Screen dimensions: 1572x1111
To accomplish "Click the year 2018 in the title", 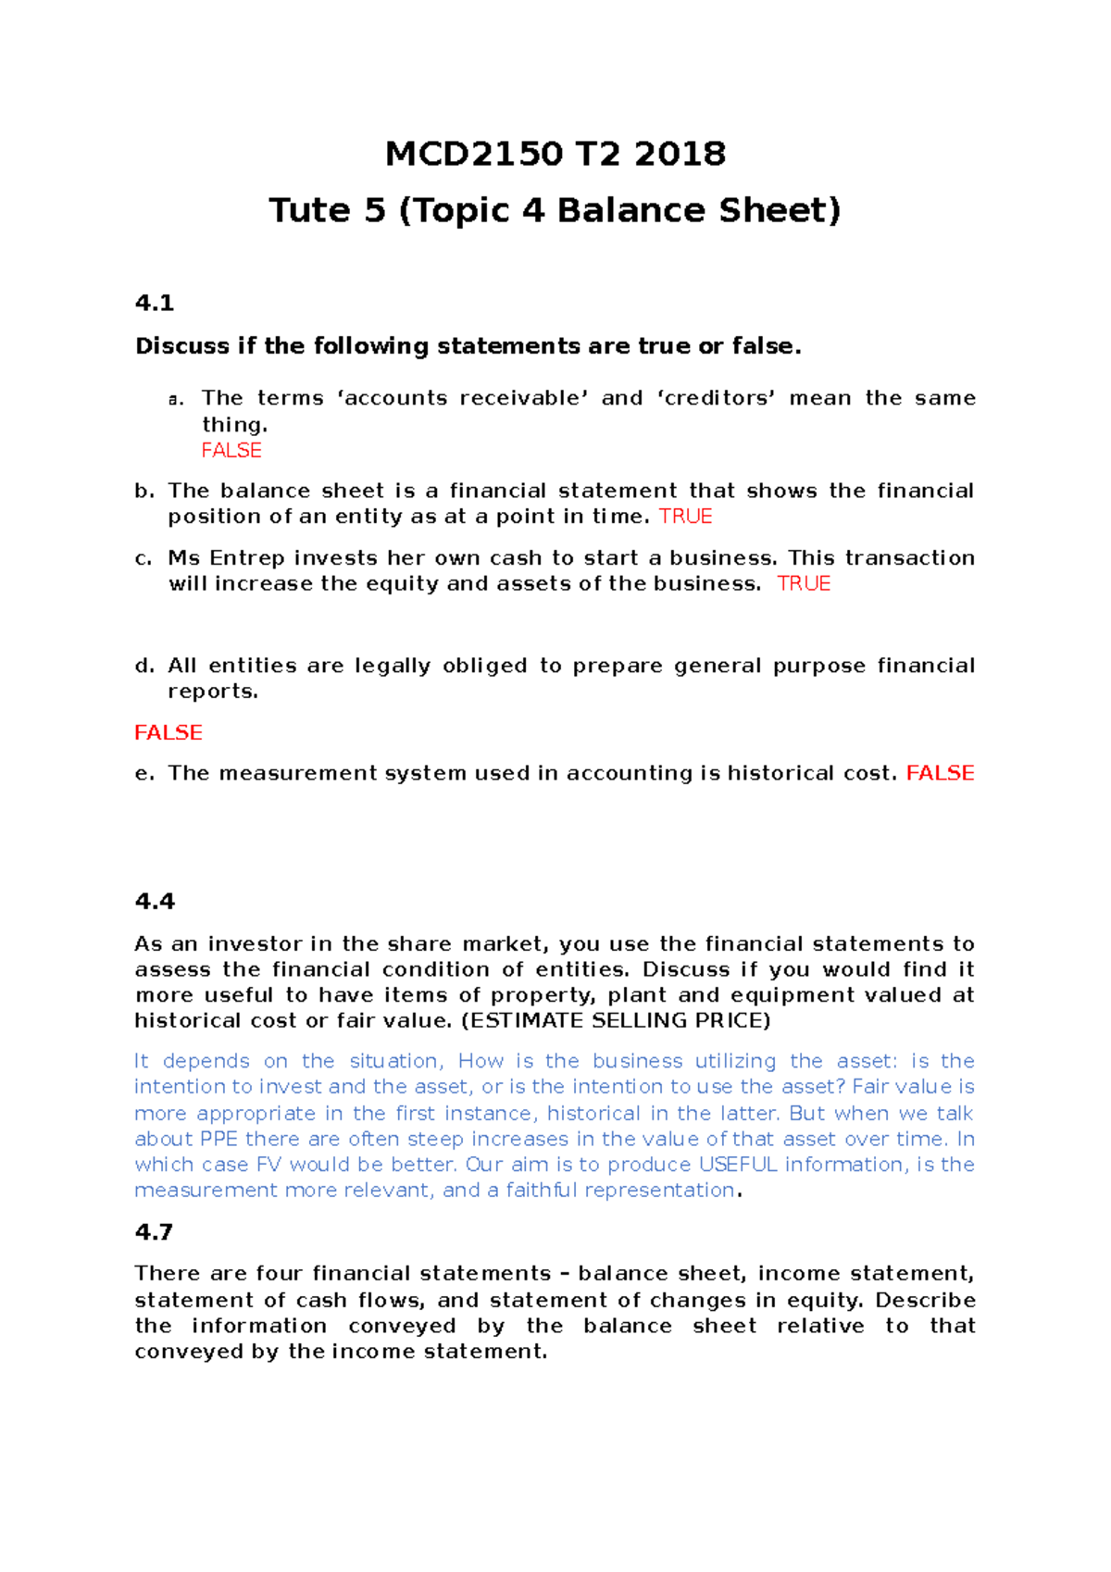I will [x=680, y=154].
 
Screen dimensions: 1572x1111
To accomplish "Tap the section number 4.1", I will [x=155, y=303].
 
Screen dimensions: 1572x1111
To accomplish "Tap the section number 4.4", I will [x=155, y=901].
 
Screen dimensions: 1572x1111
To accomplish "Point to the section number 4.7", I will [x=154, y=1231].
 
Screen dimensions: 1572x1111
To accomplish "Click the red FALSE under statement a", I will [x=231, y=451].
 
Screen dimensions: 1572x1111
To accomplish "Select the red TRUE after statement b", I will [x=685, y=517].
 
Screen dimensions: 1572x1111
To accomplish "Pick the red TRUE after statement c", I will [x=804, y=584].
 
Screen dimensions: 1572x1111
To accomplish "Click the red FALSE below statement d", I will [x=169, y=732].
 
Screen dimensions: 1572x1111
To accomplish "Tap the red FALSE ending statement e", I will [x=940, y=773].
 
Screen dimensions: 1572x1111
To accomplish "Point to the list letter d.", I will [x=144, y=666].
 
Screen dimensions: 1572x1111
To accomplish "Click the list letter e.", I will [x=144, y=774].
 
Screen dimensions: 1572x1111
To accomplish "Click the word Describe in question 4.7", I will [x=925, y=1301].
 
